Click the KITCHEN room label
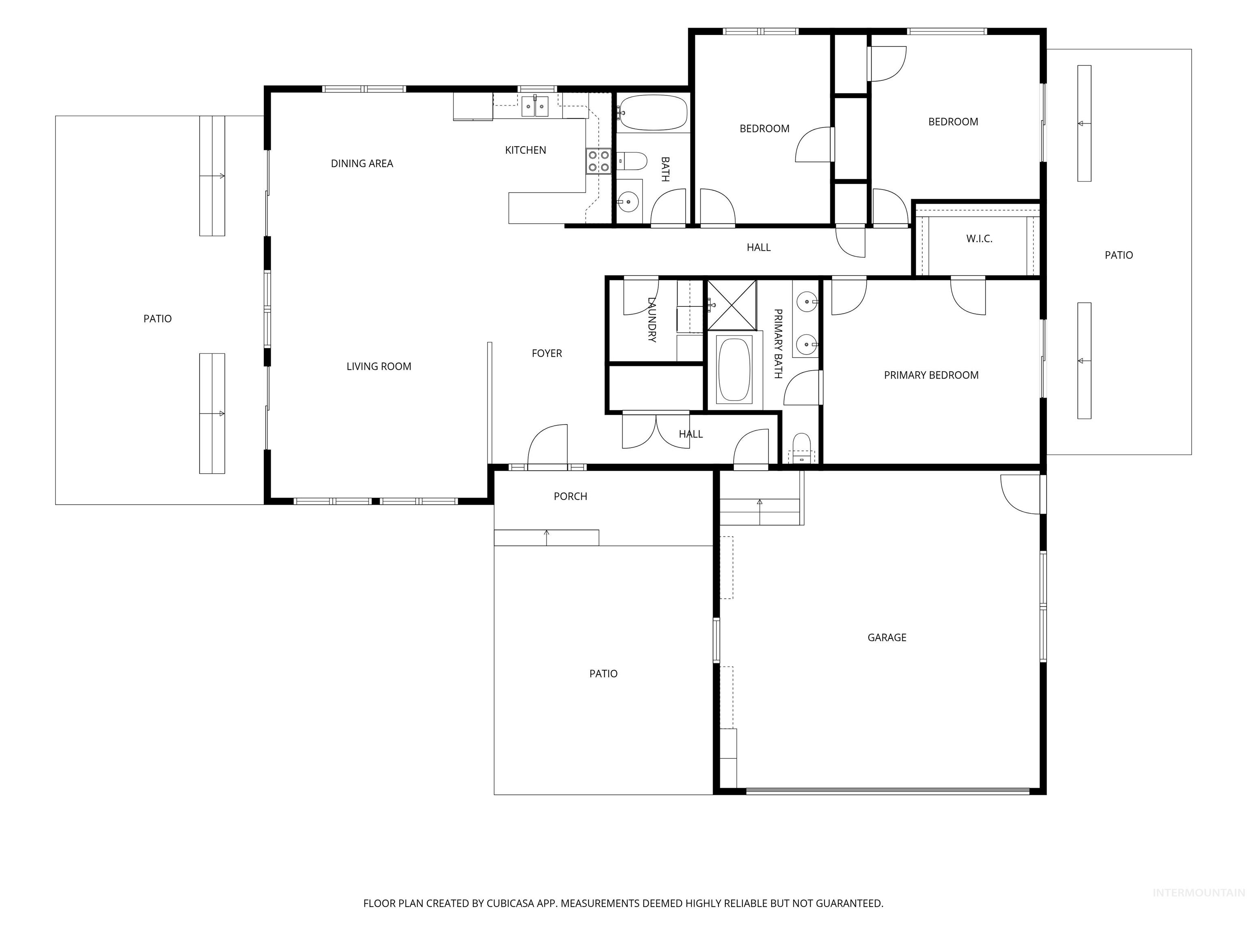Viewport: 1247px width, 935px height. pyautogui.click(x=525, y=150)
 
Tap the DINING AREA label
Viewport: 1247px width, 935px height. pyautogui.click(x=362, y=164)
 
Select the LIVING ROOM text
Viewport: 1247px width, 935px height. pyautogui.click(x=379, y=366)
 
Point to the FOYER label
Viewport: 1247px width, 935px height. pyautogui.click(x=547, y=353)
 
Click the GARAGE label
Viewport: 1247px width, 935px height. pyautogui.click(x=887, y=638)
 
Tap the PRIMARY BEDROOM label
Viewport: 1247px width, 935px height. pyautogui.click(x=931, y=375)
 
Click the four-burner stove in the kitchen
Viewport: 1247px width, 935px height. pyautogui.click(x=598, y=161)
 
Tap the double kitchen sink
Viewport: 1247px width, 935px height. pyautogui.click(x=535, y=106)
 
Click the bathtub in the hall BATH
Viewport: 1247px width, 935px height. pyautogui.click(x=653, y=113)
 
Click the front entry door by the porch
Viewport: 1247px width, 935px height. pyautogui.click(x=548, y=446)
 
